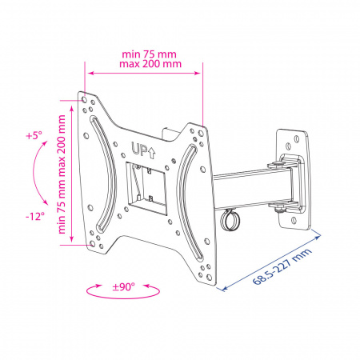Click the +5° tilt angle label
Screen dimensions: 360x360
[34, 135]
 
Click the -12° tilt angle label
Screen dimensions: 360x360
[35, 216]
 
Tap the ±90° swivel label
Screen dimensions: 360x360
[123, 287]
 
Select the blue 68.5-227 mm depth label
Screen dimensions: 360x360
[282, 266]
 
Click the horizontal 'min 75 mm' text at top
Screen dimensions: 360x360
[149, 54]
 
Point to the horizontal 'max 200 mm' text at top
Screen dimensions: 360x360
[150, 64]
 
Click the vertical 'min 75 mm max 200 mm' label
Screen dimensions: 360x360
[62, 174]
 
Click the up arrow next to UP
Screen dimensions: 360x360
[151, 153]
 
